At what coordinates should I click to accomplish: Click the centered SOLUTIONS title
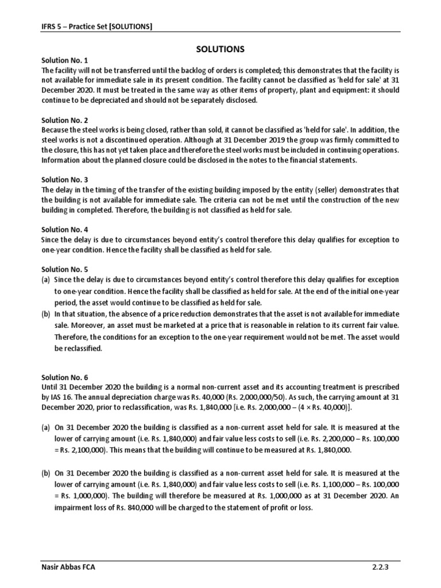point(220,49)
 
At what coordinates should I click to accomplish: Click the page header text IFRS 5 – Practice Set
point(97,26)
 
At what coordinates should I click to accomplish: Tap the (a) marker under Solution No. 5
point(46,280)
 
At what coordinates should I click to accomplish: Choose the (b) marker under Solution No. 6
point(46,474)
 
